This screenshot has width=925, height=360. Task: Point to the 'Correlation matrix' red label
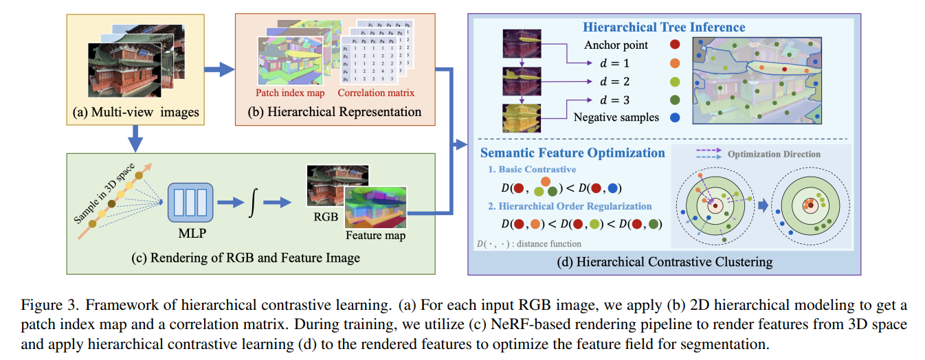tap(377, 92)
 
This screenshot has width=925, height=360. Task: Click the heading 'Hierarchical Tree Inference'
tap(664, 27)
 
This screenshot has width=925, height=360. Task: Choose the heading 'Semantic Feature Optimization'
tap(572, 153)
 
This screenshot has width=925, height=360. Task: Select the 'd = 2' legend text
tap(614, 81)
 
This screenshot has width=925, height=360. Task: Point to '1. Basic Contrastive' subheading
tap(532, 169)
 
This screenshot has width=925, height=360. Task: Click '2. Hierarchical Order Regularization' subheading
tap(570, 206)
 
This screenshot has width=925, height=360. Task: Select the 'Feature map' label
tap(376, 236)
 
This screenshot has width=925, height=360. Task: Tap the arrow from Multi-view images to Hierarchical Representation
tap(219, 69)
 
